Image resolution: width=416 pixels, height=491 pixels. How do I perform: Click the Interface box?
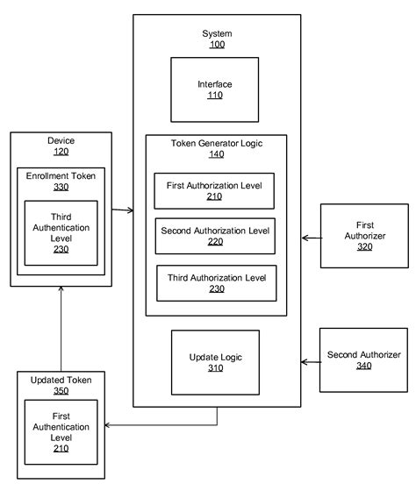click(x=214, y=89)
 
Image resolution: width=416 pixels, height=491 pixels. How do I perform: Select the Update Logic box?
click(x=214, y=362)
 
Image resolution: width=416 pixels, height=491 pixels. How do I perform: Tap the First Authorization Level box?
click(x=214, y=190)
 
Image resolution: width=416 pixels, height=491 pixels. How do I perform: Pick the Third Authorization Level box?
click(x=216, y=283)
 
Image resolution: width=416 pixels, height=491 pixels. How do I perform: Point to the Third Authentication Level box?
click(x=61, y=232)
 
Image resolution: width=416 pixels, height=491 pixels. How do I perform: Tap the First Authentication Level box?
click(x=61, y=432)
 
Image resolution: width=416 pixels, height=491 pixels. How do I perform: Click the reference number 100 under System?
click(x=216, y=43)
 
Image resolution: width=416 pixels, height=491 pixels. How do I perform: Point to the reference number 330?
click(x=61, y=187)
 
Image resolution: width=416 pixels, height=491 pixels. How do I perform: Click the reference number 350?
click(x=61, y=392)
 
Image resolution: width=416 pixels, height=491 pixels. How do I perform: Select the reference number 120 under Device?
click(x=61, y=152)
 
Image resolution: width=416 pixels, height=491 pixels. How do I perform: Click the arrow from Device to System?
click(x=122, y=210)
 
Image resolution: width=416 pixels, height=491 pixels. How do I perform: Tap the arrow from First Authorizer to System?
click(x=311, y=237)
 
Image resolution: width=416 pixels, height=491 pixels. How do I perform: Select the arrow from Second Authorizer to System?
click(x=310, y=361)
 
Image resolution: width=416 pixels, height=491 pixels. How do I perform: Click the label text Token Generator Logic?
click(x=215, y=141)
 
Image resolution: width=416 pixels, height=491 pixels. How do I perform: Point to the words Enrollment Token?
click(x=61, y=175)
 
